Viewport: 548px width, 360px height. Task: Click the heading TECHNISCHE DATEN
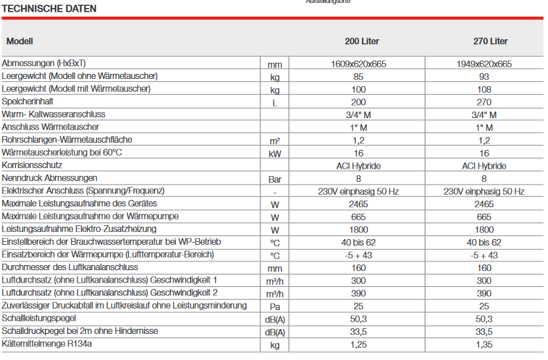(49, 9)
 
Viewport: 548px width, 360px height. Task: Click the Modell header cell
(20, 41)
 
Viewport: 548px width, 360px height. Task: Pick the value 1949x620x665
(484, 64)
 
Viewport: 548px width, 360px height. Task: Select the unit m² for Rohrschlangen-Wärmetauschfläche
(274, 141)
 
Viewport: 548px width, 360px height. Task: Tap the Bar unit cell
(274, 178)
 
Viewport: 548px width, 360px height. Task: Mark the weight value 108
(484, 90)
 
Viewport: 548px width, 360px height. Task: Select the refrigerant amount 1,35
(484, 345)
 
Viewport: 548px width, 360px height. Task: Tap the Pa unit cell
(274, 306)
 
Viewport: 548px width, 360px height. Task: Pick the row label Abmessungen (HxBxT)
(44, 63)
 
